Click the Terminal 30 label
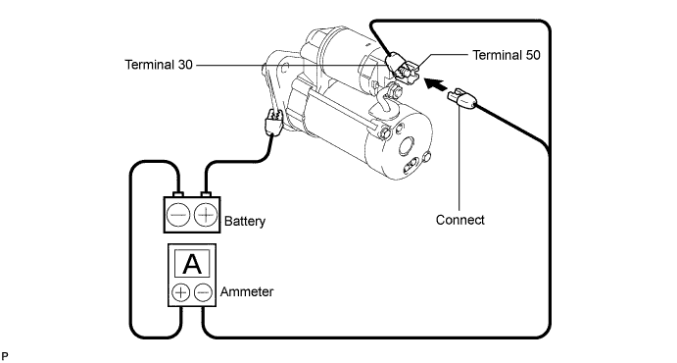[x=159, y=65]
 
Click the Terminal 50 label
[x=506, y=55]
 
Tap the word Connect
[x=459, y=220]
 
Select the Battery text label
[x=245, y=222]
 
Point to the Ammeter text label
[x=247, y=292]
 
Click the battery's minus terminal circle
[x=178, y=215]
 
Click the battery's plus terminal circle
[x=206, y=215]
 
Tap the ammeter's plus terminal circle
[x=181, y=292]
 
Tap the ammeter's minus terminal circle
[x=203, y=292]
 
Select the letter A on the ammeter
[x=192, y=264]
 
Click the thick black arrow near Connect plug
[x=435, y=83]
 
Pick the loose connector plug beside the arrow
[x=462, y=99]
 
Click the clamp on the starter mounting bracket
[x=274, y=122]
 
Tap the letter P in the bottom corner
[x=4, y=356]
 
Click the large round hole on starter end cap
[x=407, y=145]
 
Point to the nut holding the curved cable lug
[x=395, y=92]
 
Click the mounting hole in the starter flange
[x=284, y=69]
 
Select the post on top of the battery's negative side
[x=178, y=194]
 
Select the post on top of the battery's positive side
[x=206, y=194]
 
